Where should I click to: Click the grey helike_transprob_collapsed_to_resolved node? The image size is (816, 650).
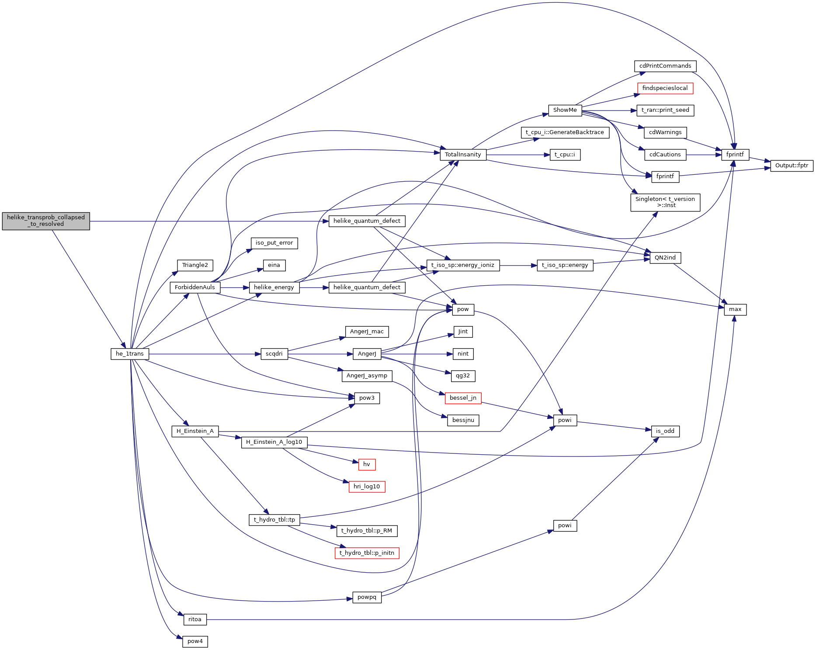[46, 221]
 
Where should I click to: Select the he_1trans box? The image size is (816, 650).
[130, 354]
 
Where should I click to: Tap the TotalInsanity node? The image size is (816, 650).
[463, 155]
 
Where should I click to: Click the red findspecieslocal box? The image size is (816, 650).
[665, 88]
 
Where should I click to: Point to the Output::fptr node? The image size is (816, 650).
[792, 166]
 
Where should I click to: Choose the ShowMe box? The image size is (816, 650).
[565, 110]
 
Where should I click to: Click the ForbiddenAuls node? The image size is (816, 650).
[195, 287]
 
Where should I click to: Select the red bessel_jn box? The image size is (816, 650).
[463, 398]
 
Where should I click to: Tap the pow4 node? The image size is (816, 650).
[195, 641]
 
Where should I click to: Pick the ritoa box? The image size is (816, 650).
[195, 619]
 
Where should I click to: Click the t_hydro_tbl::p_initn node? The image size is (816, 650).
[367, 553]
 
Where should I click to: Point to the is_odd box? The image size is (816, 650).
[665, 431]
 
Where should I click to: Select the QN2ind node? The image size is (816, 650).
[665, 258]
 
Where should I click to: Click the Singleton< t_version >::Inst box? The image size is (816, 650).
[665, 202]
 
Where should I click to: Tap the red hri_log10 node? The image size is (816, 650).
[367, 487]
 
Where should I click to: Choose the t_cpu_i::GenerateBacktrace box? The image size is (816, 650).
[565, 132]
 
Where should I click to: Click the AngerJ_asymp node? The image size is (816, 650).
[367, 376]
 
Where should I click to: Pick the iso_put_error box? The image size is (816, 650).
[274, 243]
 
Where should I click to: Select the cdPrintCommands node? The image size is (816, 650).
[665, 66]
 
